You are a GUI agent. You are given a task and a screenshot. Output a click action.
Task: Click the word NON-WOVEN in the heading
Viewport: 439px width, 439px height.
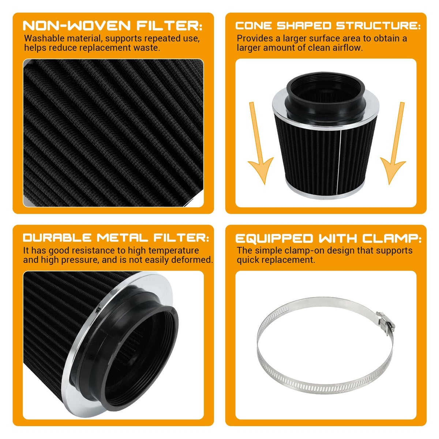(x=76, y=25)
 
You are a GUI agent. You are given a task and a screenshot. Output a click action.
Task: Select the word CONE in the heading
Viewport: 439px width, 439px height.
(x=254, y=26)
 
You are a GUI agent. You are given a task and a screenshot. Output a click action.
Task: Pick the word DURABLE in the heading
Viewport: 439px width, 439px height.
(x=57, y=238)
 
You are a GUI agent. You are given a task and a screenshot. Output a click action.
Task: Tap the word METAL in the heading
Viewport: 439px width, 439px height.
(x=122, y=238)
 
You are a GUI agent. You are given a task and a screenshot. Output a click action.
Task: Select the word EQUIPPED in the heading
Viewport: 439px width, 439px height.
(x=274, y=239)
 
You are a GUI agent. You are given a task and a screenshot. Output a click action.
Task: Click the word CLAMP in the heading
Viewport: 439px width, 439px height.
(x=390, y=239)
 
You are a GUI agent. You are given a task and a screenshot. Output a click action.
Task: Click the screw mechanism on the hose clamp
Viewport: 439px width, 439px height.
(x=386, y=323)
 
